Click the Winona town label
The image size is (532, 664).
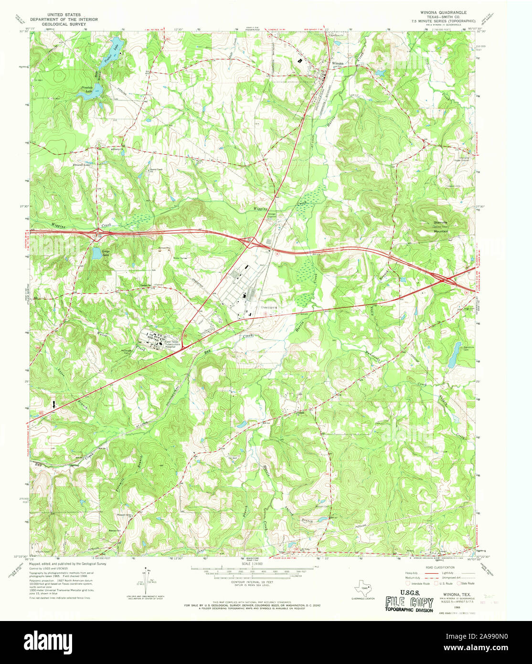coord(338,63)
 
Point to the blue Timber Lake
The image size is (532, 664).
coord(119,46)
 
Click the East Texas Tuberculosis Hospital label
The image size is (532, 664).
coord(174,344)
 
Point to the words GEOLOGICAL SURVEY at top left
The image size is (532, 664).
coord(64,23)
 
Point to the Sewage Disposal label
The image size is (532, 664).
coord(272,215)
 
